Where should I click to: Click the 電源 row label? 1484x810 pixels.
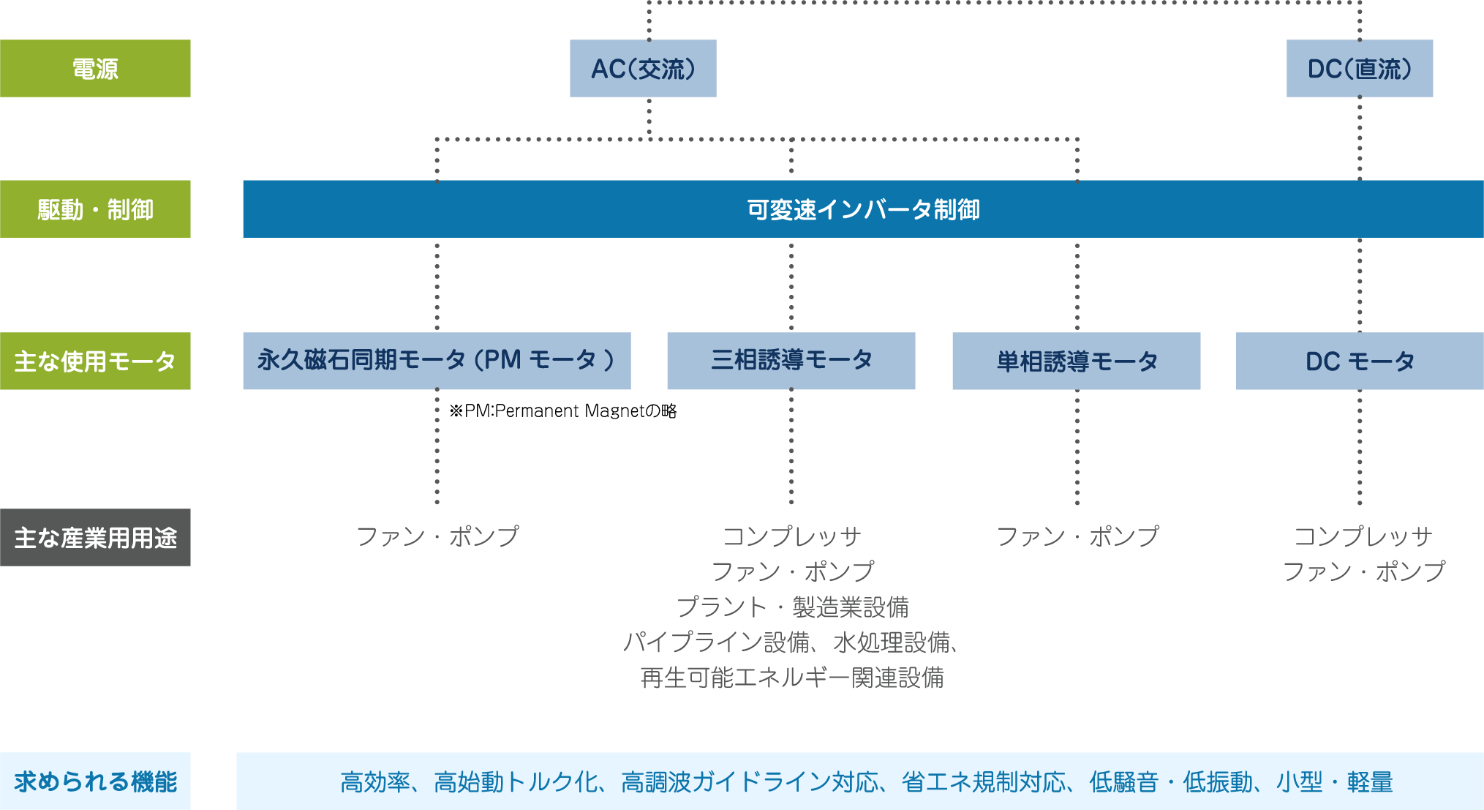point(95,69)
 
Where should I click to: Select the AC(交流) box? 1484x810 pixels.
point(643,69)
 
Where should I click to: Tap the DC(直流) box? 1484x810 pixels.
point(1359,69)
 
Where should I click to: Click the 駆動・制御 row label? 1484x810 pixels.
point(95,209)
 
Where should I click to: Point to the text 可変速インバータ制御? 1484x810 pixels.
point(863,210)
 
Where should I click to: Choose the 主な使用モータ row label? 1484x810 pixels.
point(95,361)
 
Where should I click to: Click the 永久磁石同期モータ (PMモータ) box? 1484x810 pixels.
point(437,361)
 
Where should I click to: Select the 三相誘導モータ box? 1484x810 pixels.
point(791,361)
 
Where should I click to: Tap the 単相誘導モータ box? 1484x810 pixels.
point(1076,361)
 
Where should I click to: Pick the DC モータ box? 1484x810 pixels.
point(1360,361)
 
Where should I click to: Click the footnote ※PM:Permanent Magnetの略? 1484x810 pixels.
point(563,411)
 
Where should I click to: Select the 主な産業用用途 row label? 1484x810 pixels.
point(95,538)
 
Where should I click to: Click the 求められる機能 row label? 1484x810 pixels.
point(95,781)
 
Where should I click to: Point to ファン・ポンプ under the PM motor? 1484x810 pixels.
point(437,536)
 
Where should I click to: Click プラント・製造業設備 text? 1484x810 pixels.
point(792,607)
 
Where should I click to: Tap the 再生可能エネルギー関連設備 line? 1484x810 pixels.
point(792,678)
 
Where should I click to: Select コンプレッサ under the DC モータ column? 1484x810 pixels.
point(1362,536)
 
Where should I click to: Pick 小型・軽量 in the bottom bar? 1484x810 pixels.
point(1334,782)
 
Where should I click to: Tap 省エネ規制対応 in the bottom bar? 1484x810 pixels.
point(983,782)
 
